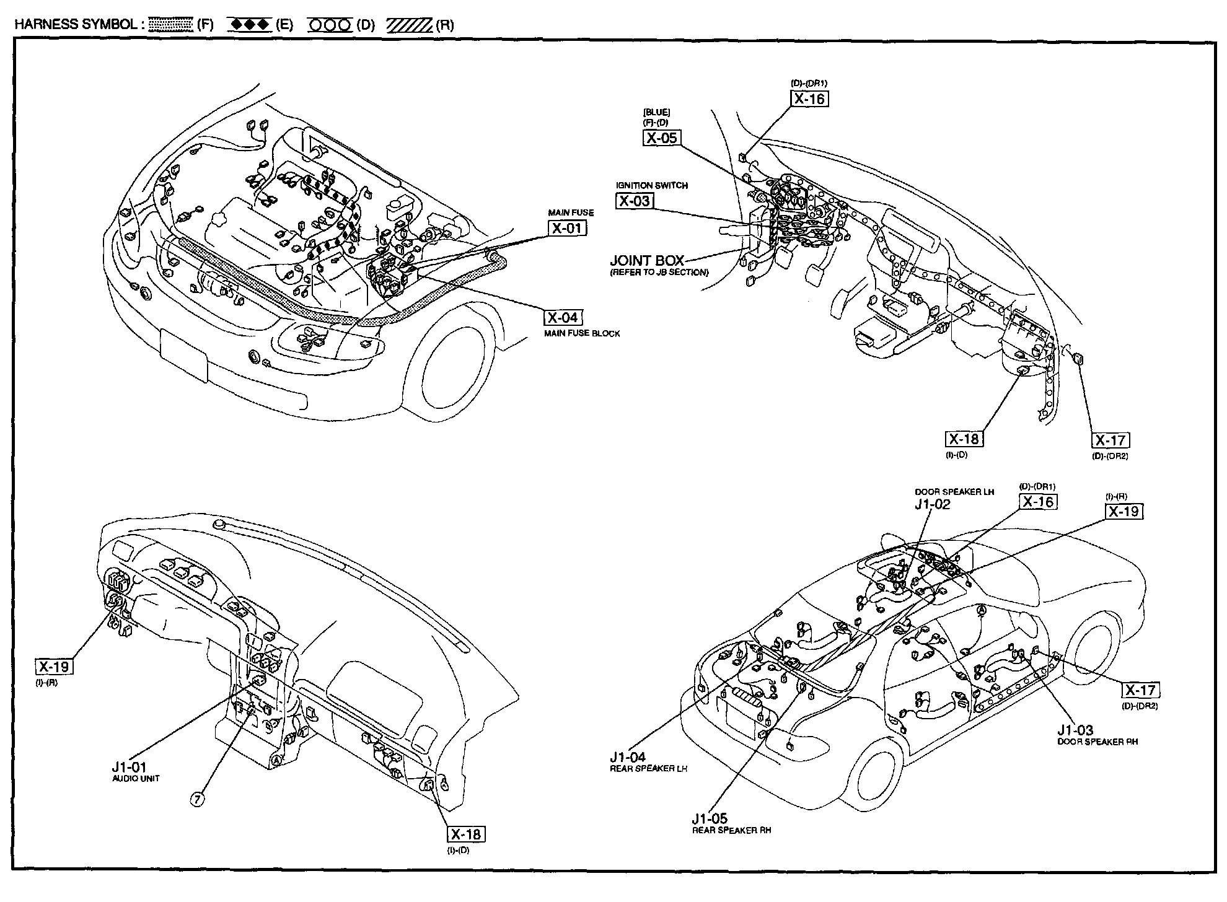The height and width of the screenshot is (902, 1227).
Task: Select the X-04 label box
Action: pyautogui.click(x=563, y=318)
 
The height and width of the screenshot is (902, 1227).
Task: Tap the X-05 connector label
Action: pyautogui.click(x=662, y=138)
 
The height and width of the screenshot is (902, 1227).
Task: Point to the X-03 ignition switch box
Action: pyautogui.click(x=635, y=201)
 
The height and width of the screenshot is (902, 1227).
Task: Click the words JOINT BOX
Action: pyautogui.click(x=646, y=260)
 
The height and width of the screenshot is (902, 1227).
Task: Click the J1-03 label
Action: pyautogui.click(x=1075, y=730)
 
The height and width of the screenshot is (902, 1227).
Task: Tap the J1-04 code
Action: pyautogui.click(x=627, y=756)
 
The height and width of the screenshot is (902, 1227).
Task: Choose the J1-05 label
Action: pyautogui.click(x=710, y=818)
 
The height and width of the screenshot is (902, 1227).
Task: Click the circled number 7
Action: pyautogui.click(x=196, y=799)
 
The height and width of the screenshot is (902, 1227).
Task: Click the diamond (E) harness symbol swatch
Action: pyautogui.click(x=250, y=25)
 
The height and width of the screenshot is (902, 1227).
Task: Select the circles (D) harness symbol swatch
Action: pyautogui.click(x=330, y=25)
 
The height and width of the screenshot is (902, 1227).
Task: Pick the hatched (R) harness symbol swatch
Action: pyautogui.click(x=409, y=25)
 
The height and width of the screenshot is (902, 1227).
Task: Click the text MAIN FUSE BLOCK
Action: pyautogui.click(x=582, y=333)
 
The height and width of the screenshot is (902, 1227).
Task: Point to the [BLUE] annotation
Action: pyautogui.click(x=656, y=112)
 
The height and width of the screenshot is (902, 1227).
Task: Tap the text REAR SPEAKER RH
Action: pyautogui.click(x=731, y=830)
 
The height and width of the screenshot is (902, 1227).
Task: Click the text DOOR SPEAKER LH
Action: pyautogui.click(x=954, y=491)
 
